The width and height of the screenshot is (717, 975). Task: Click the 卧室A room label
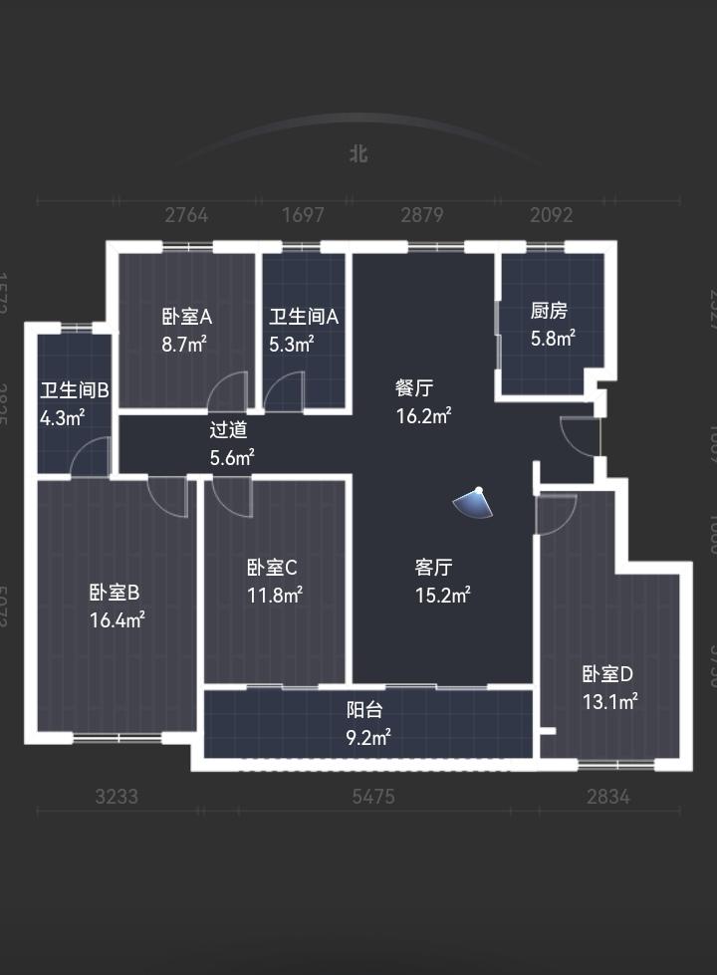(186, 317)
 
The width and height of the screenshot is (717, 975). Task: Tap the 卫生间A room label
(304, 317)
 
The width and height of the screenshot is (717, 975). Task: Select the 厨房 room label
(549, 311)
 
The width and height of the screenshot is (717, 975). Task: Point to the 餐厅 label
(414, 388)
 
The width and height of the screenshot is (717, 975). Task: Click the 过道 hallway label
(228, 431)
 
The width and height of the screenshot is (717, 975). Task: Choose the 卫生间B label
(75, 389)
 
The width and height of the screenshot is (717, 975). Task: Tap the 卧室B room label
(115, 593)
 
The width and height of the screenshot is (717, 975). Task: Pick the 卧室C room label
(272, 568)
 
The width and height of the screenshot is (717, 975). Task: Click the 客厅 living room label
(434, 568)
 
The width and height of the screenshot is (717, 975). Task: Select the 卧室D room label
(607, 673)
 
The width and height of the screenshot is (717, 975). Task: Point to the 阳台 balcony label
(364, 710)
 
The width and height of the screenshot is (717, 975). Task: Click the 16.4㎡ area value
(117, 620)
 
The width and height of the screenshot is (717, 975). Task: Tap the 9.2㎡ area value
(367, 738)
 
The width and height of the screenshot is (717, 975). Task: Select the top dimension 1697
(303, 215)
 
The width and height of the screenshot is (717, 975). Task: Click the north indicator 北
(358, 154)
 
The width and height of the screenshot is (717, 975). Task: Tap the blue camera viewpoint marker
(473, 504)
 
